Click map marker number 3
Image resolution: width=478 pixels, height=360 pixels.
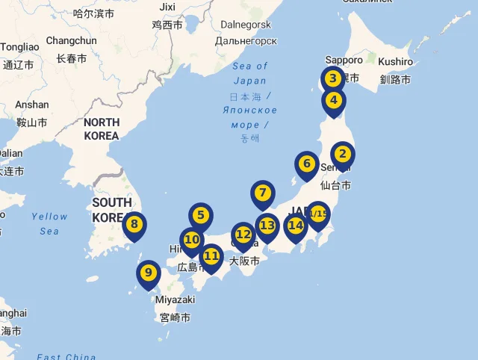point(333,78)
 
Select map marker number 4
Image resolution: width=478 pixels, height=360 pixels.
point(334,100)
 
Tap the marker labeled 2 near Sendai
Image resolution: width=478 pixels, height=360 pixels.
point(342,155)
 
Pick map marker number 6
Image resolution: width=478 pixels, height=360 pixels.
point(306,164)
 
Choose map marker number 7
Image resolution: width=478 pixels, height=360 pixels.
point(262,193)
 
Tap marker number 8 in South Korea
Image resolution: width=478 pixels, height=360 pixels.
point(134,223)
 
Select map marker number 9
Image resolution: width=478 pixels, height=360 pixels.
point(148,273)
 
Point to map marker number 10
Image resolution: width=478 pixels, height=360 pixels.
point(192,240)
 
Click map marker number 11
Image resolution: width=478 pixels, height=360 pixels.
point(211,256)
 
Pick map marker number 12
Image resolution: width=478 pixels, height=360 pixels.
point(243,235)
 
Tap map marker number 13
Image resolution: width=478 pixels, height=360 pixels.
point(267,225)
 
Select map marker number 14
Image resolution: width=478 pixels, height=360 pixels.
point(296,225)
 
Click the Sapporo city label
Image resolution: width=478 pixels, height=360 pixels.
point(344,60)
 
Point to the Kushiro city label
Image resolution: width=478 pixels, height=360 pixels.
point(395,61)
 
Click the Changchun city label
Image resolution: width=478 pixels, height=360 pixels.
point(71,40)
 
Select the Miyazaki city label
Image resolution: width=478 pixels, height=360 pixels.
point(175,300)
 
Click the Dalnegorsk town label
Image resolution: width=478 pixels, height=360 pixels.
point(245,24)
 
